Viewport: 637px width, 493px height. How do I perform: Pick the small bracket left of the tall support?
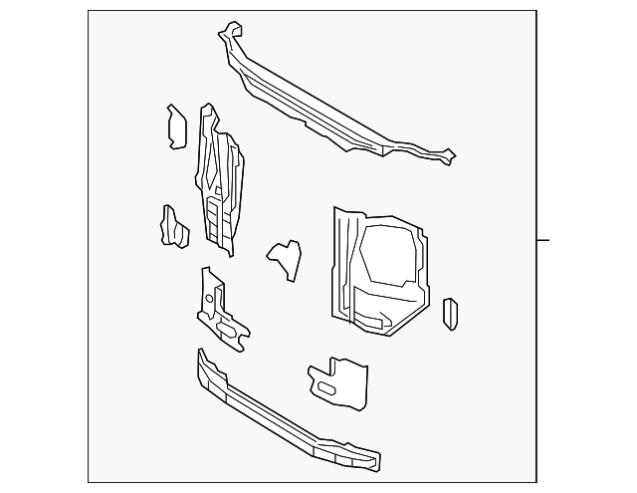tap(173, 225)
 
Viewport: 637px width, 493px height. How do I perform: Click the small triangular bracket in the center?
tap(286, 256)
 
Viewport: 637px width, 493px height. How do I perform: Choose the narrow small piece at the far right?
tap(450, 313)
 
